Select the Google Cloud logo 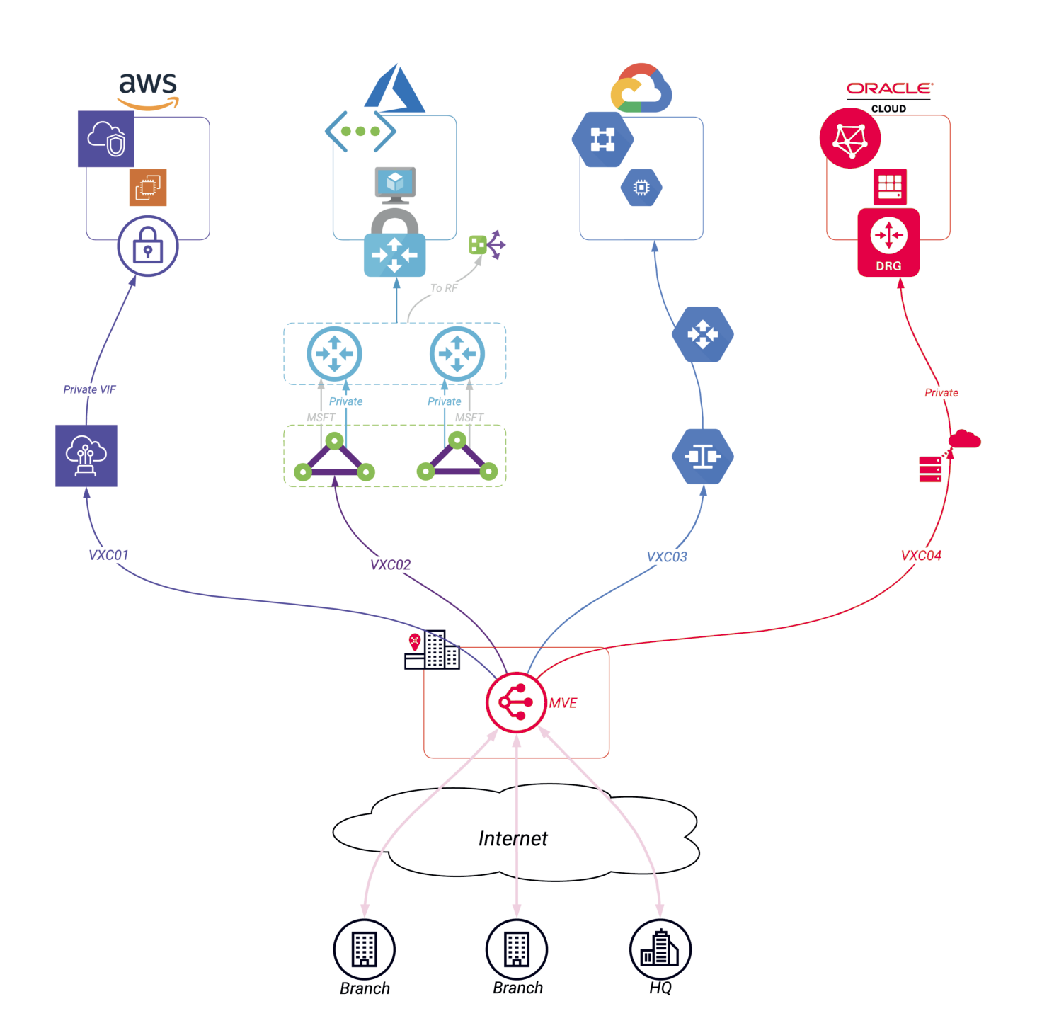coord(641,88)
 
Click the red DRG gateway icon coord(888,242)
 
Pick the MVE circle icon coord(516,702)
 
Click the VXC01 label coord(108,556)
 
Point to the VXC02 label coord(390,565)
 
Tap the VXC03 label coord(667,557)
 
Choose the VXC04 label coord(921,556)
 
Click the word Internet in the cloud coord(513,839)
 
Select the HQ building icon coord(660,949)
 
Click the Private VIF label coord(89,390)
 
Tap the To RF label coord(444,288)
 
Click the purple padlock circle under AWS coord(147,246)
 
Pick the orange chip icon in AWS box coord(148,188)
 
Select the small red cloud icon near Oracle coord(964,440)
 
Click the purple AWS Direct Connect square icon coord(86,456)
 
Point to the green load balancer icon coord(486,245)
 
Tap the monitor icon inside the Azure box coord(395,184)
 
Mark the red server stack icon coord(930,469)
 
